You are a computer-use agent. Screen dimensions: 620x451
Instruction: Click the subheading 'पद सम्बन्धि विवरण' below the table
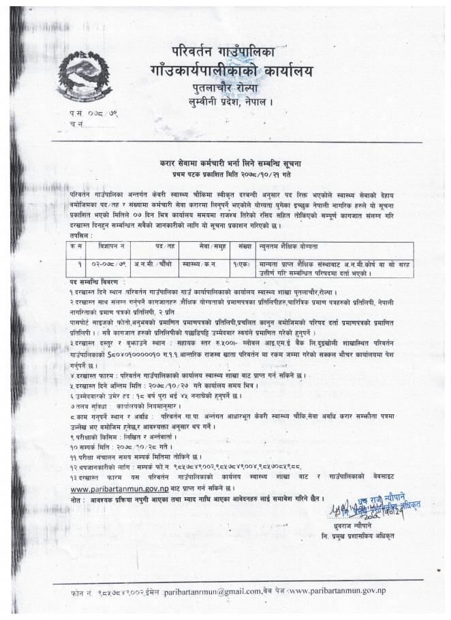coord(97,281)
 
